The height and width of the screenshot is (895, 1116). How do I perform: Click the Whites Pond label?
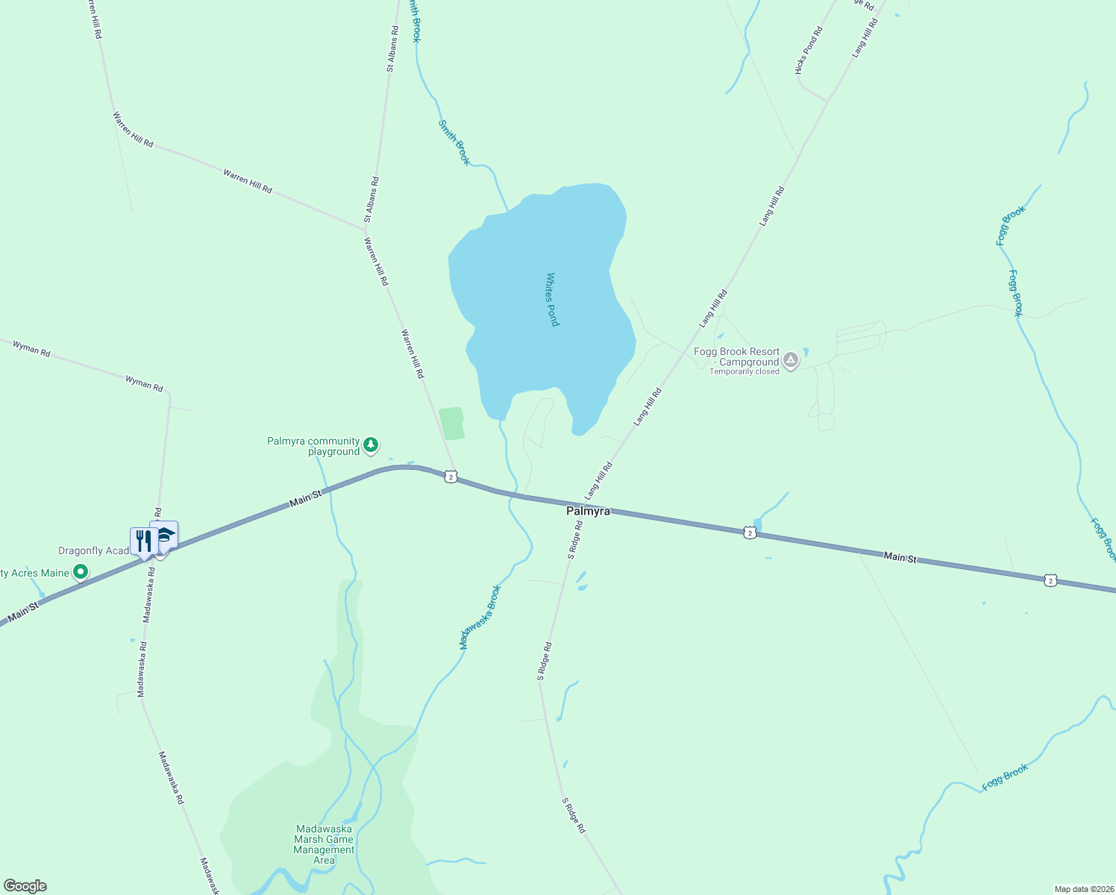click(552, 299)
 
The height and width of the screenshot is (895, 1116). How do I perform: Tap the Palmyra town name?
click(588, 511)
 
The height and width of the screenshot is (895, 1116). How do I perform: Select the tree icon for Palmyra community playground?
click(371, 446)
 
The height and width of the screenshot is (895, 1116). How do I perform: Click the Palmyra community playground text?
click(313, 446)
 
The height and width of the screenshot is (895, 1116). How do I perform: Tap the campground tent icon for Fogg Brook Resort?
click(791, 361)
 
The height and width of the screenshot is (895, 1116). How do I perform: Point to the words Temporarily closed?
click(744, 371)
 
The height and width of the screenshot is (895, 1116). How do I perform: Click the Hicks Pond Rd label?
click(809, 50)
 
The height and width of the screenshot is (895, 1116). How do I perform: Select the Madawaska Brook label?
click(480, 618)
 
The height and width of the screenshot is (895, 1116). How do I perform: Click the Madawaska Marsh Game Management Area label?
click(324, 844)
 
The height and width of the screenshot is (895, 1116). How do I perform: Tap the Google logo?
click(25, 886)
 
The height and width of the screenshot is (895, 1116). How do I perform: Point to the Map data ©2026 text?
click(1083, 889)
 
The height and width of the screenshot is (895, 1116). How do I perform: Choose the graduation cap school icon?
click(165, 535)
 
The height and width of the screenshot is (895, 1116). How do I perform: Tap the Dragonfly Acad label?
click(94, 550)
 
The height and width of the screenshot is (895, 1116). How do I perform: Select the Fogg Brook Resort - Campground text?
click(736, 357)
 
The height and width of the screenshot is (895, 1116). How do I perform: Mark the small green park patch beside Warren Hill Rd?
click(451, 424)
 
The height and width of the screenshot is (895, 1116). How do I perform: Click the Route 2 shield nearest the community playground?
click(451, 477)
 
